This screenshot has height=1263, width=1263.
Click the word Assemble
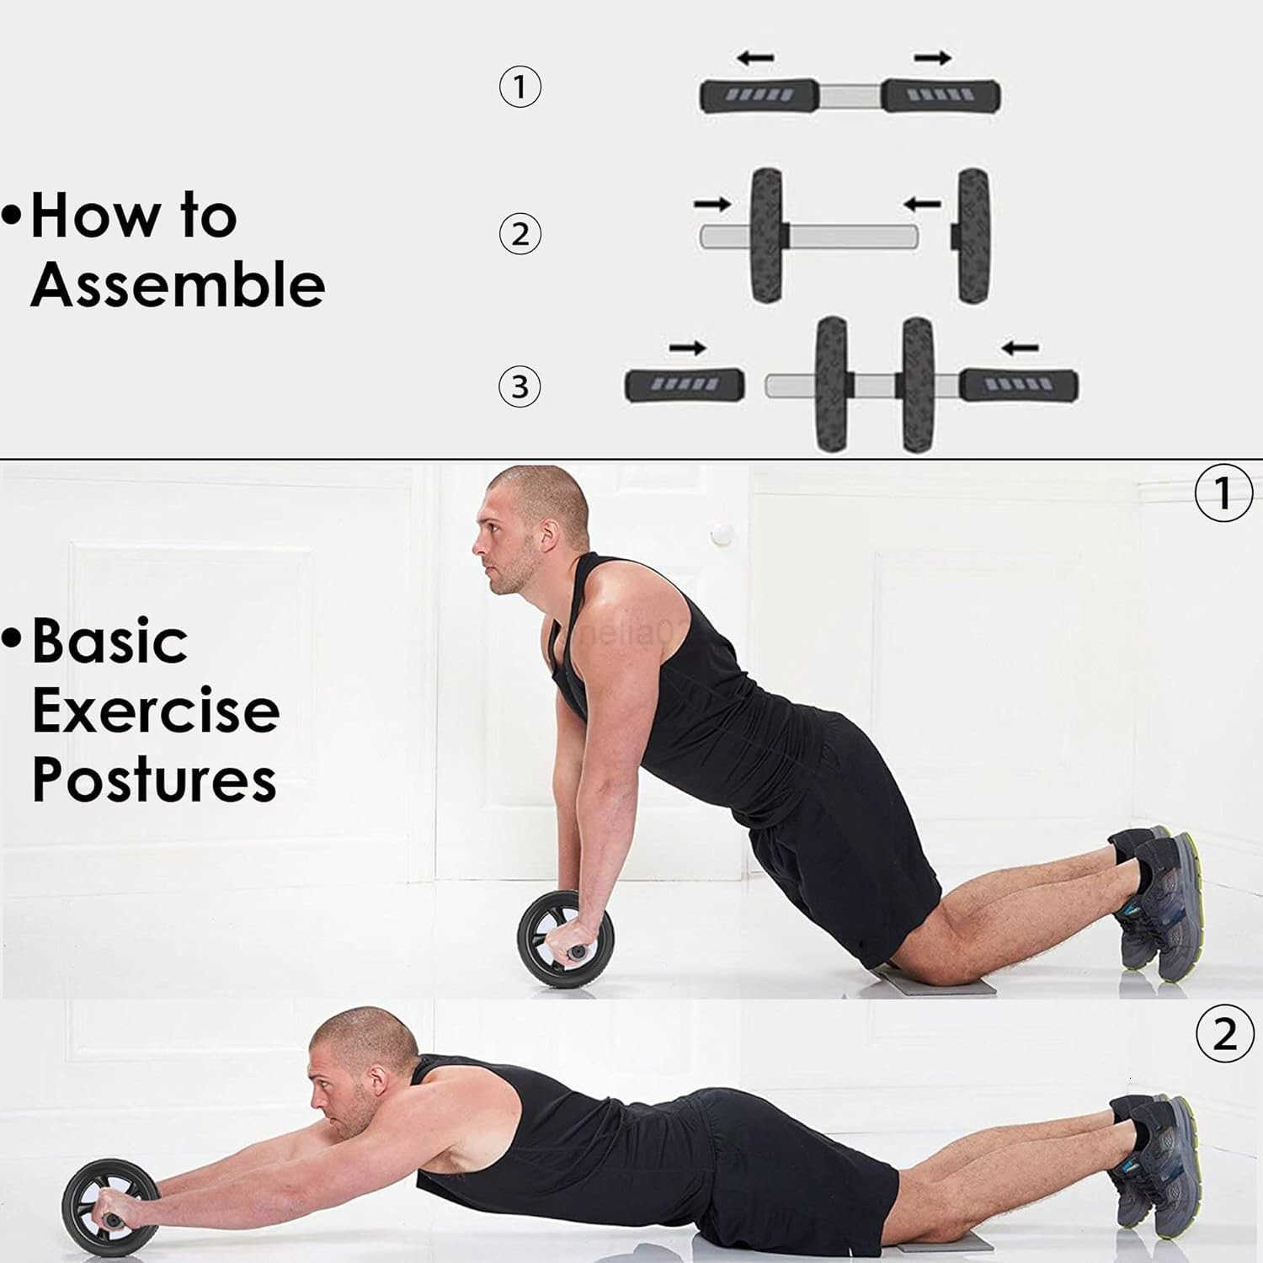point(178,285)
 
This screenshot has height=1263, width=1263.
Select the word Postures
point(154,780)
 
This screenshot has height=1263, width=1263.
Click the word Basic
point(109,642)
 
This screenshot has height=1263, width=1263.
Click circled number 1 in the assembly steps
point(520,86)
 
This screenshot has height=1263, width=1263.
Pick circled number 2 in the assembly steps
point(520,233)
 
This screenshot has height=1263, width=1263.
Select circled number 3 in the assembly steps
point(520,386)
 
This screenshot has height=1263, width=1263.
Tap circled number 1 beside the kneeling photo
point(1223,493)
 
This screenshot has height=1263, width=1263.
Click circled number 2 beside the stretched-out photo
point(1224,1034)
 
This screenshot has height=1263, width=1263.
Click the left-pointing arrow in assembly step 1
point(755,58)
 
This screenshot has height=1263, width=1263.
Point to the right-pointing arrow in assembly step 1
point(933,58)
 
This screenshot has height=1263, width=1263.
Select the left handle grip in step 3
point(685,385)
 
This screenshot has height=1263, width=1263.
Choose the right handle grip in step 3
point(1019,385)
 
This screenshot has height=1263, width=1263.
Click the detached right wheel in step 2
point(973,235)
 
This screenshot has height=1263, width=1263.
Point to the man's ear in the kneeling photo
point(548,537)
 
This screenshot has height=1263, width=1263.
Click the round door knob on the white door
point(722,533)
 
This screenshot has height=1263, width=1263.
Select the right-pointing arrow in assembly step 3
point(688,348)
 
